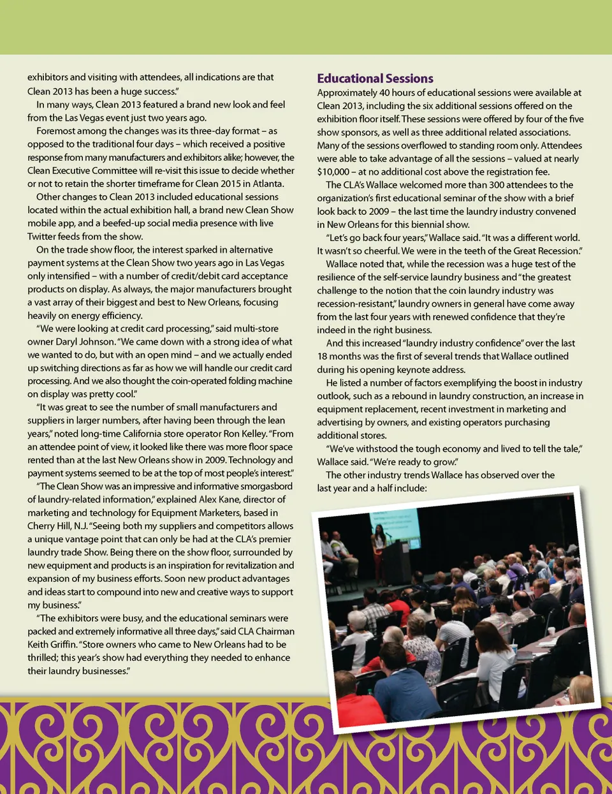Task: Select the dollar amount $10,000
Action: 333,172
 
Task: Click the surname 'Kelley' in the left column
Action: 253,434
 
